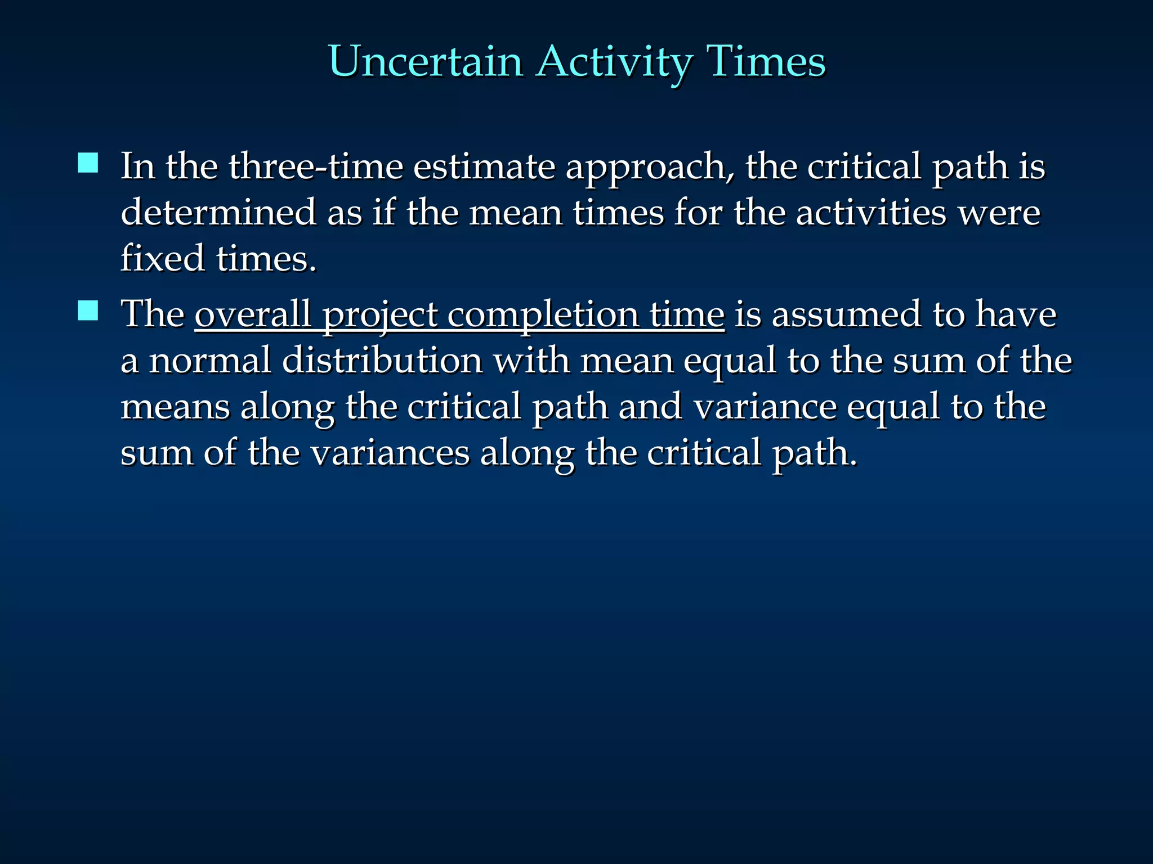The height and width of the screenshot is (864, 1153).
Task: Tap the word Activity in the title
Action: click(x=614, y=62)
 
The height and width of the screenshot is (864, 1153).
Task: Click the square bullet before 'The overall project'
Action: click(x=88, y=310)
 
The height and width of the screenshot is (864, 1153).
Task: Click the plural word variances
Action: click(x=390, y=453)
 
